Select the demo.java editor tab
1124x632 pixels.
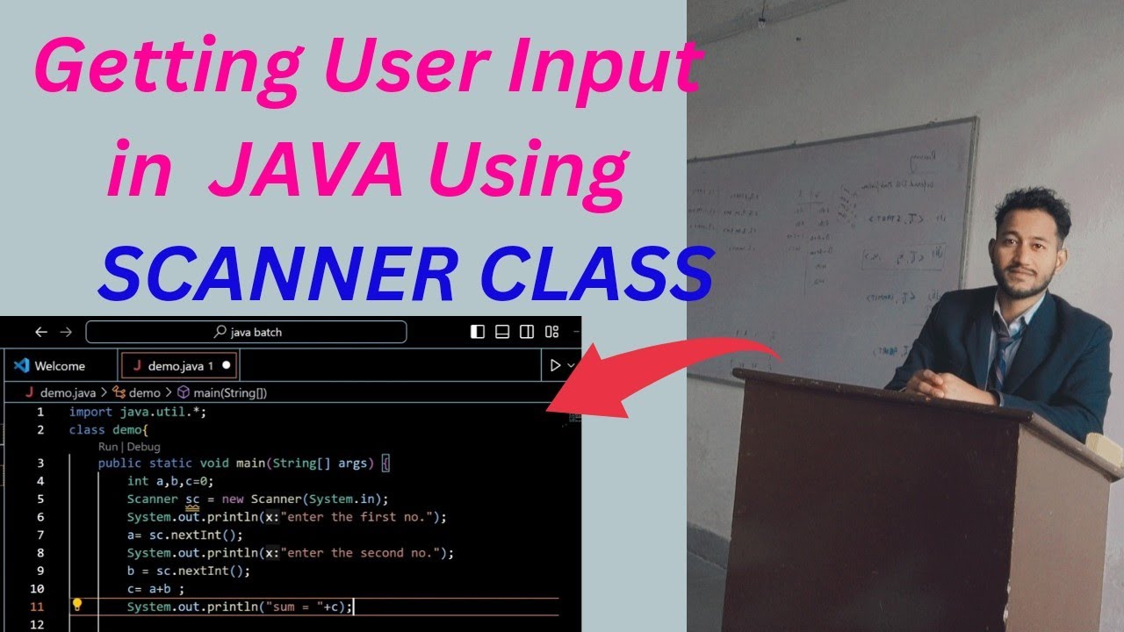(173, 365)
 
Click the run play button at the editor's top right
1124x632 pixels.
(554, 365)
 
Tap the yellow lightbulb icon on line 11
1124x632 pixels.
(77, 605)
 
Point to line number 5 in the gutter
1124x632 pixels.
(40, 499)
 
